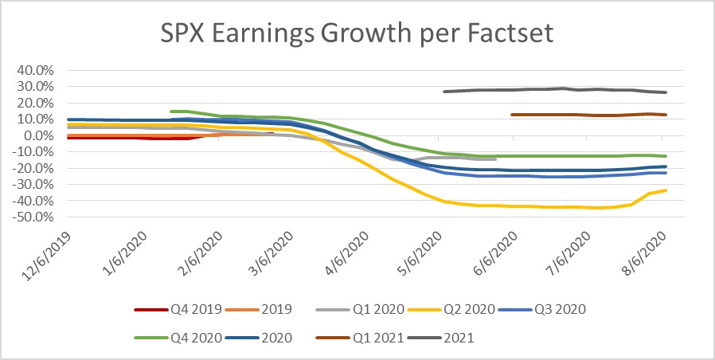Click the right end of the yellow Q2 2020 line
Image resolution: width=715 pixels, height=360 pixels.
[x=666, y=190]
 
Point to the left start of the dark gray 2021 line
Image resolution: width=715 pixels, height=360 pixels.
[x=443, y=92]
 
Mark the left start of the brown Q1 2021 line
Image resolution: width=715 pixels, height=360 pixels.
[x=511, y=115]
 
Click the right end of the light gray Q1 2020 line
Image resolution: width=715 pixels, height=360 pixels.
[x=495, y=159]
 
